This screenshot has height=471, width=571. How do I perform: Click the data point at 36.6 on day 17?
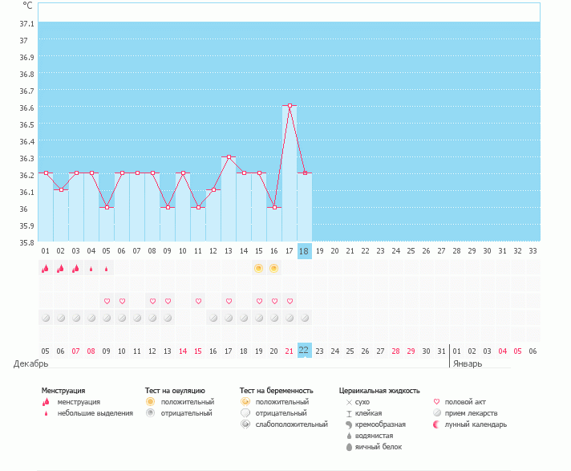(290, 105)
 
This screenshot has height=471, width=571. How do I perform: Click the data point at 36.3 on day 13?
(229, 156)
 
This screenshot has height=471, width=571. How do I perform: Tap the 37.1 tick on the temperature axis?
(26, 23)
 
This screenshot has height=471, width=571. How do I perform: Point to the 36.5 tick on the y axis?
(26, 124)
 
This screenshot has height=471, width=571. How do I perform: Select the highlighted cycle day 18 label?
(304, 251)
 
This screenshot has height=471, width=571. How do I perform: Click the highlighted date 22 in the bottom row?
(304, 350)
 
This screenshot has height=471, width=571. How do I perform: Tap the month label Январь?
(468, 363)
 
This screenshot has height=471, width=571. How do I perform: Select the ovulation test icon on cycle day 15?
(259, 268)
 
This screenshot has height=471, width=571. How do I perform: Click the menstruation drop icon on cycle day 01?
(46, 269)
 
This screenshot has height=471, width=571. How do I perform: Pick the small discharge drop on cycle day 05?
(107, 269)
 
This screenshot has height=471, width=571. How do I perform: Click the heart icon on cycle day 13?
(229, 301)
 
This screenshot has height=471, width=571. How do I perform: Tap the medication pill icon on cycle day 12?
(213, 318)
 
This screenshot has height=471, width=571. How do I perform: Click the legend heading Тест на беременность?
(276, 390)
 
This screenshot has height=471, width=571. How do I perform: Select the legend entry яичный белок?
(373, 446)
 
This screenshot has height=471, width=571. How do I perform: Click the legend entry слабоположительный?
(290, 424)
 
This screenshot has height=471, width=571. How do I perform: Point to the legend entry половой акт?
(465, 401)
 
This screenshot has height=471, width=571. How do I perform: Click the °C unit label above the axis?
(28, 6)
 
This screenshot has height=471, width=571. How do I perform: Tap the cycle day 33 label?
(533, 251)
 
